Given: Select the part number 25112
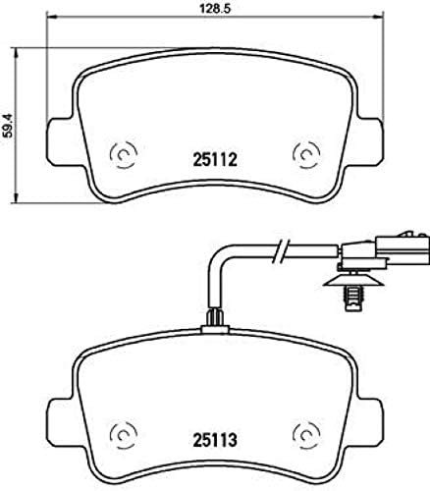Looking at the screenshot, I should pyautogui.click(x=214, y=154).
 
